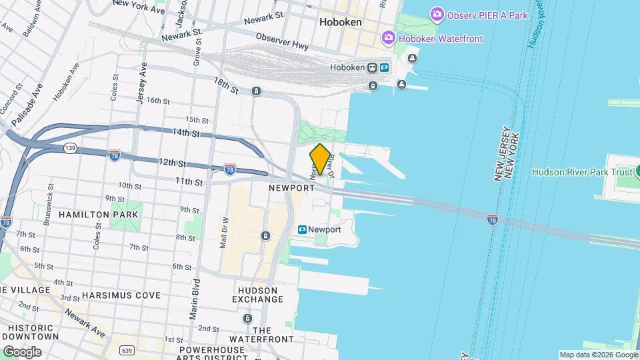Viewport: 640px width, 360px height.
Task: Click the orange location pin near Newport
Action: [x=319, y=159]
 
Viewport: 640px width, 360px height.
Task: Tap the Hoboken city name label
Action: [x=340, y=22]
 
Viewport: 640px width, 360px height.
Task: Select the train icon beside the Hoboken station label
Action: [x=385, y=67]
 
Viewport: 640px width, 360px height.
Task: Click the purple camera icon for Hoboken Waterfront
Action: [x=389, y=39]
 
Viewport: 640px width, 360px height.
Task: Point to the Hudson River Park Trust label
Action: [x=582, y=172]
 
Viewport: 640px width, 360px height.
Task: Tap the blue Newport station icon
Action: [x=302, y=229]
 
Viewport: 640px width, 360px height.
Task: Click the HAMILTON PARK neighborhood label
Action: [x=98, y=215]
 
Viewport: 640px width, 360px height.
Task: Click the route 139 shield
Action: [x=69, y=147]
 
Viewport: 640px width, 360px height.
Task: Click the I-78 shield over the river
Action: [x=492, y=218]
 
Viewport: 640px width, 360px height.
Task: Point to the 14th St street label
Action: [x=186, y=133]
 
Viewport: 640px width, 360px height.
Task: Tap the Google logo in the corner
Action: [x=22, y=351]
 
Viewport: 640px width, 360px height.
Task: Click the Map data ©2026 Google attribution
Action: [x=598, y=355]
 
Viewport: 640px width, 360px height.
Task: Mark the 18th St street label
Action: [x=226, y=85]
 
